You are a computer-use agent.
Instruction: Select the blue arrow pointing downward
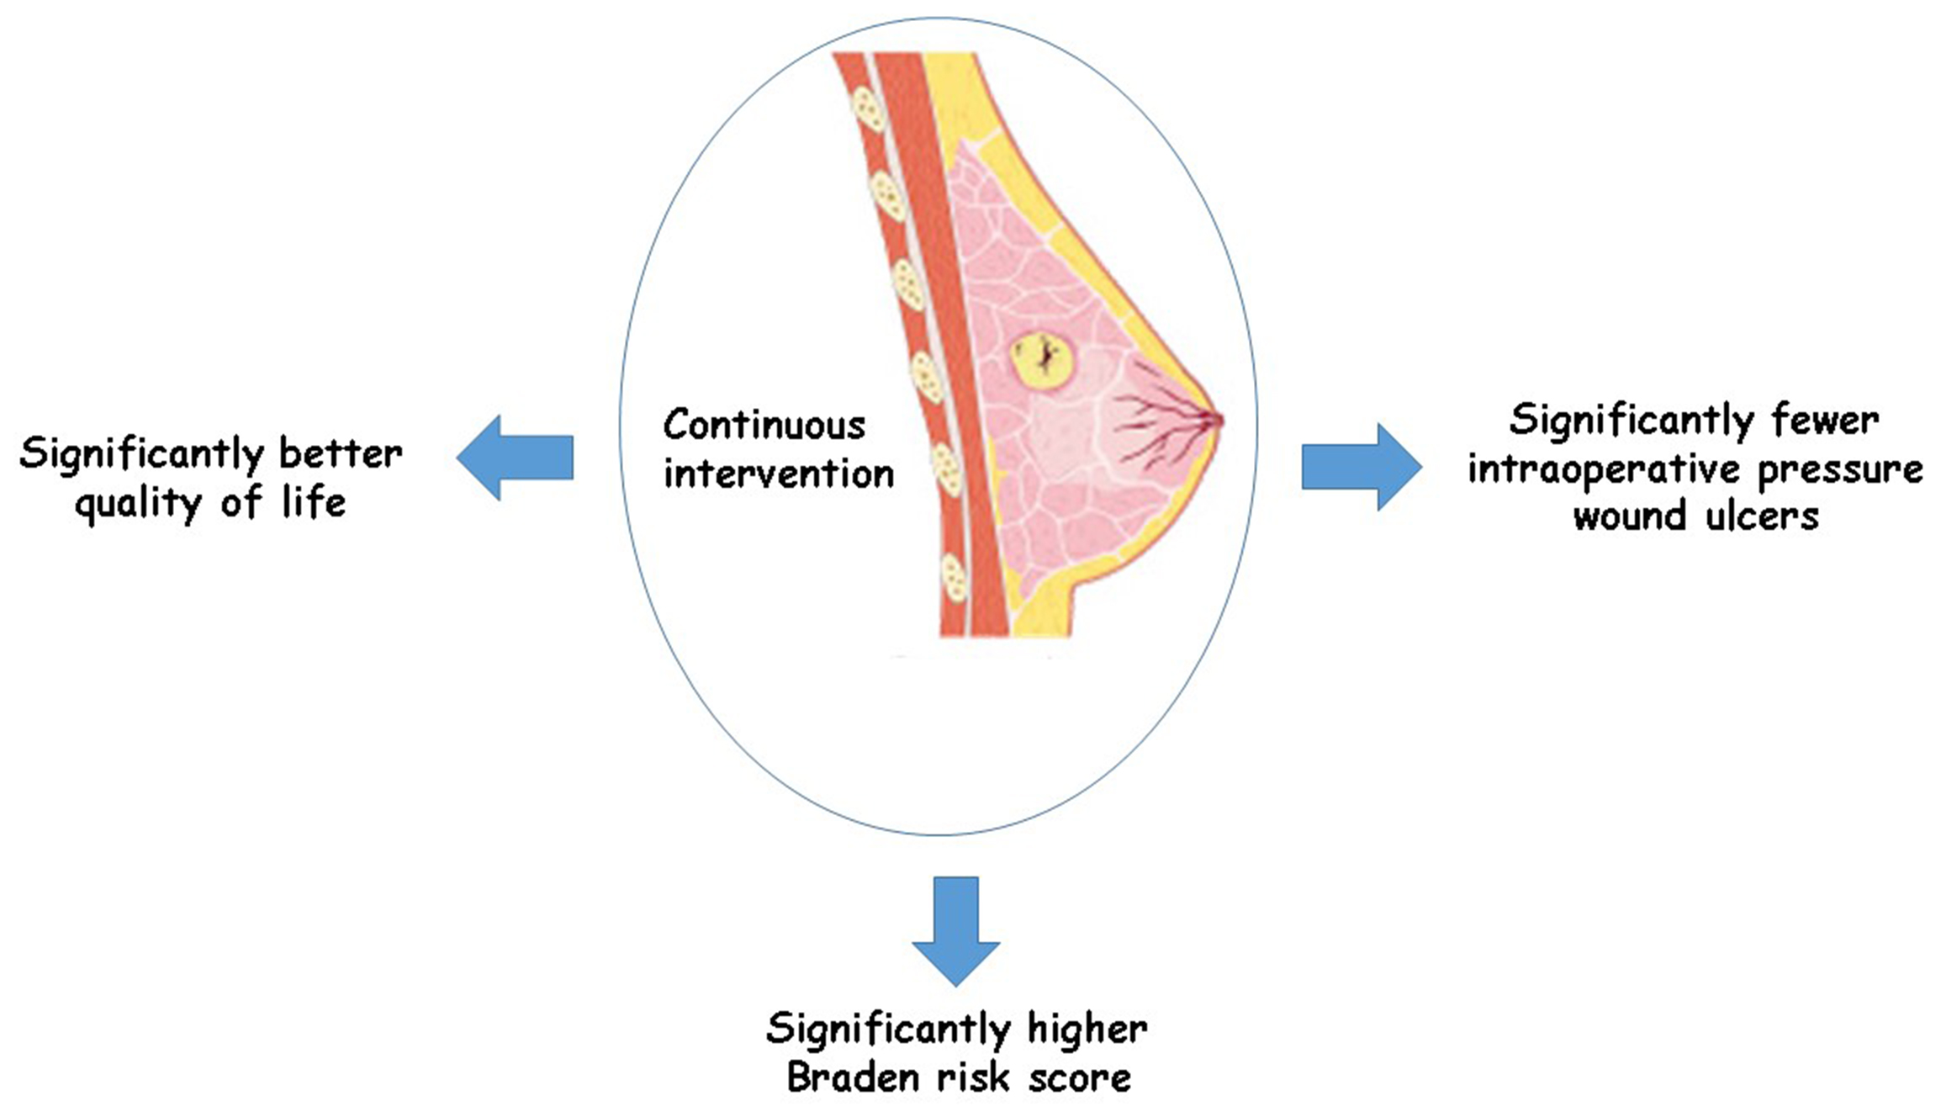pos(956,929)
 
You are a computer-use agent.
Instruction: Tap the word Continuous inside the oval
pos(764,426)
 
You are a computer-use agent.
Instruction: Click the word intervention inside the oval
pos(778,474)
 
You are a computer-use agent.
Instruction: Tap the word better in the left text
pos(341,455)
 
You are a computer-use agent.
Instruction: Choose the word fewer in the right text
pos(1825,420)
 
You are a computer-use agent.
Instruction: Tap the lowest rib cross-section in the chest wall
pos(955,578)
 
